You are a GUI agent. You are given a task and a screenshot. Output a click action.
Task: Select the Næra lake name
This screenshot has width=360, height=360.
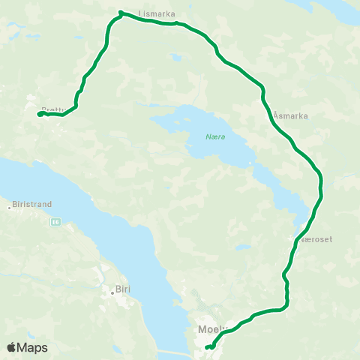point(214,136)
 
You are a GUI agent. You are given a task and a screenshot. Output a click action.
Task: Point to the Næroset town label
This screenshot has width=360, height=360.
point(314,239)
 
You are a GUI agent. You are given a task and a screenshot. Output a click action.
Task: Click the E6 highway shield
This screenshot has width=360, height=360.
point(55,221)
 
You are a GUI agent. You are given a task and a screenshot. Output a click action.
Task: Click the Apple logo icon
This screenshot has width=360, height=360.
point(12,347)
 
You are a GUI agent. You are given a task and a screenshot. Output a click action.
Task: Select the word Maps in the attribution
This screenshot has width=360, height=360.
point(34,347)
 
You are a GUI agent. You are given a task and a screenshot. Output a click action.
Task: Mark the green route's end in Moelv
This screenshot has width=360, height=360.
point(206,347)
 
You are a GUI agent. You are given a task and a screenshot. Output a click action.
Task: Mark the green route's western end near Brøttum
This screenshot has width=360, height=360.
point(39,114)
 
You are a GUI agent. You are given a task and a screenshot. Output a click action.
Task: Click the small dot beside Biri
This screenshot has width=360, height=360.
point(112,292)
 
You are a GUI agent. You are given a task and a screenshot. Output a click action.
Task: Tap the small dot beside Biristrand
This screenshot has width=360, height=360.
point(9,207)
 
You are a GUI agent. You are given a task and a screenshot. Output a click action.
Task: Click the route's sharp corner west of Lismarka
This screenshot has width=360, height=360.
point(120,12)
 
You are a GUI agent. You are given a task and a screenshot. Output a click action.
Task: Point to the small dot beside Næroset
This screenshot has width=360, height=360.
point(293,239)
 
